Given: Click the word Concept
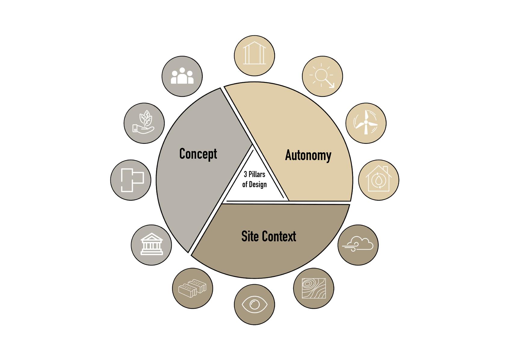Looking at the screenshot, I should [x=198, y=154].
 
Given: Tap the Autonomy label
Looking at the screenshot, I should [x=308, y=155].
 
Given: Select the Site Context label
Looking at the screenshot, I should [x=268, y=236].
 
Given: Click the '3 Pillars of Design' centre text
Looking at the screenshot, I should [x=254, y=179].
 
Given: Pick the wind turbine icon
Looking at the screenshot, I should [x=366, y=123].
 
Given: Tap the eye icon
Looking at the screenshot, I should [x=254, y=304].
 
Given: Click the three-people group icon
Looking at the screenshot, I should [x=182, y=76].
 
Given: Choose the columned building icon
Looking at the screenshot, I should [x=151, y=245].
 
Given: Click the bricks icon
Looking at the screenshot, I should [x=193, y=288].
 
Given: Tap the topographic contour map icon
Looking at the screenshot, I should [x=314, y=288].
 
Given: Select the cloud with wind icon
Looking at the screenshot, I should [x=358, y=244].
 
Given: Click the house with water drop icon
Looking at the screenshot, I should [x=378, y=180].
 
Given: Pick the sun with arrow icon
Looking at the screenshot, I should [x=322, y=76].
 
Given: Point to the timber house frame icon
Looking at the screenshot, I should [x=254, y=55].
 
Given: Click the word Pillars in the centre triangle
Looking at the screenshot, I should [x=257, y=174].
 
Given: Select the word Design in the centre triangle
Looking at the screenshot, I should [x=258, y=184].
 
